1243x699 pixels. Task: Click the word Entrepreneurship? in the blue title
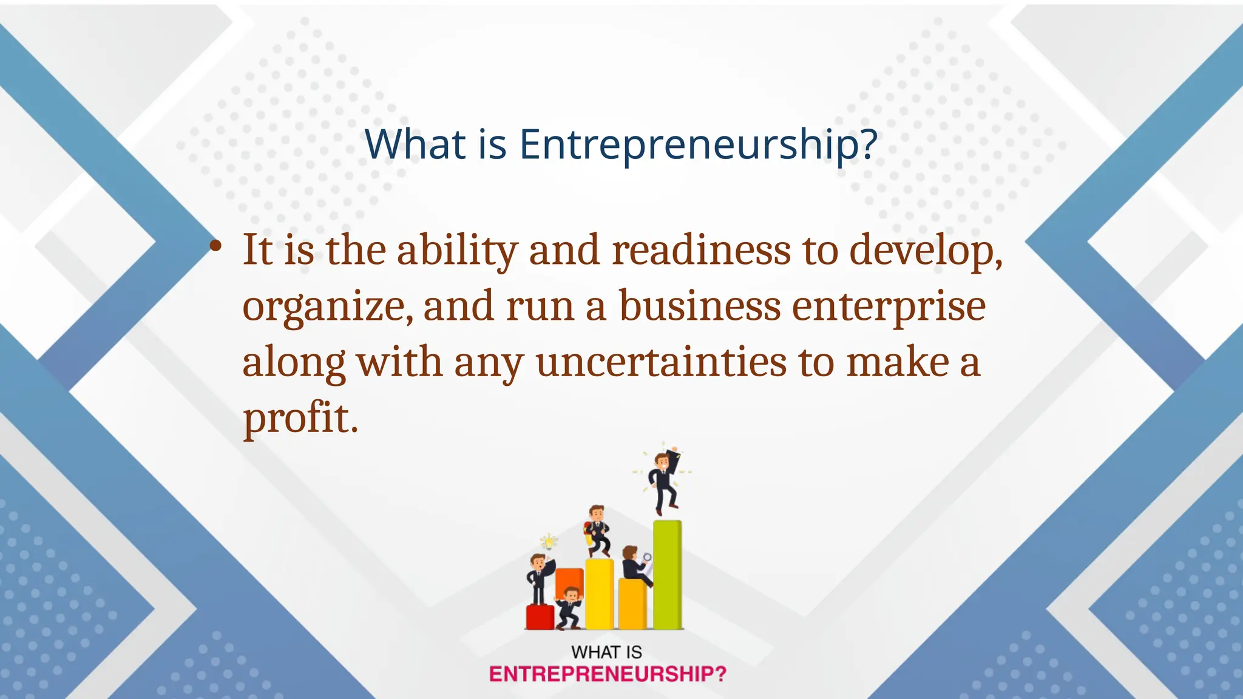pyautogui.click(x=698, y=145)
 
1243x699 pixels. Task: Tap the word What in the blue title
pyautogui.click(x=416, y=145)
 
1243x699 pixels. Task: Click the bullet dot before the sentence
pyautogui.click(x=215, y=246)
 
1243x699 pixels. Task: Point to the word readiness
pyautogui.click(x=701, y=250)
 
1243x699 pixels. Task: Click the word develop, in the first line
pyautogui.click(x=925, y=250)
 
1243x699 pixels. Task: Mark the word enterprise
pyautogui.click(x=889, y=307)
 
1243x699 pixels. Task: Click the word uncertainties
pyautogui.click(x=661, y=362)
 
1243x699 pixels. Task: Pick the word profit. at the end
pyautogui.click(x=300, y=419)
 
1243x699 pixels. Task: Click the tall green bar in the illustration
pyautogui.click(x=667, y=573)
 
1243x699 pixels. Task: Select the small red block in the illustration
pyautogui.click(x=540, y=616)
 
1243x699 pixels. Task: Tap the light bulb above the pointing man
pyautogui.click(x=549, y=542)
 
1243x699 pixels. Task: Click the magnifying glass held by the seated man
pyautogui.click(x=647, y=558)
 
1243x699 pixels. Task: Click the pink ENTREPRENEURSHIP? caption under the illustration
pyautogui.click(x=608, y=674)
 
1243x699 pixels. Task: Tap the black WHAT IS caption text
pyautogui.click(x=606, y=652)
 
